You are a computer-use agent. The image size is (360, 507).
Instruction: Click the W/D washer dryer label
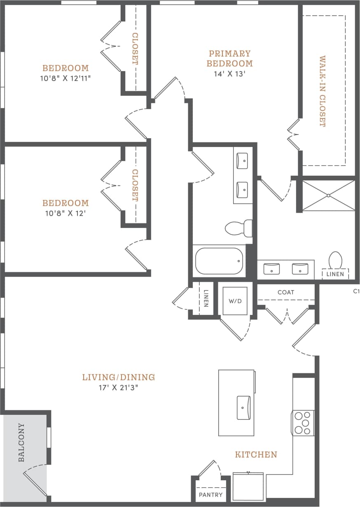tap(235, 301)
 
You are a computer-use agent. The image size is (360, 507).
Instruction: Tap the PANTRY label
tap(210, 495)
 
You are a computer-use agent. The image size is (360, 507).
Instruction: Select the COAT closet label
tap(286, 292)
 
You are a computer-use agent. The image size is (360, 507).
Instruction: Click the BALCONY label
tap(22, 442)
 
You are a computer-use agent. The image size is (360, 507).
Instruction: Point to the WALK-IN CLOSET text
tap(322, 91)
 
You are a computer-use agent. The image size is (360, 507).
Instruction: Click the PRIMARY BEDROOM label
tap(229, 58)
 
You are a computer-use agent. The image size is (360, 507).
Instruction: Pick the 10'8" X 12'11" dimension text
tap(65, 78)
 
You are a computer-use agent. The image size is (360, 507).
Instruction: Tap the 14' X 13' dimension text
tap(229, 74)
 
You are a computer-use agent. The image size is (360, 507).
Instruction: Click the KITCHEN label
tap(256, 455)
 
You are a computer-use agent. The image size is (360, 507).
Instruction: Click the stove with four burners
tap(303, 423)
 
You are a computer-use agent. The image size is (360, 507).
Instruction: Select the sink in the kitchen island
tap(243, 407)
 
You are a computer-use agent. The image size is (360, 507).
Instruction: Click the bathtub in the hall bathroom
tap(219, 261)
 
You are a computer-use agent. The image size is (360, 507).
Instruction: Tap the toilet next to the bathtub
tap(238, 228)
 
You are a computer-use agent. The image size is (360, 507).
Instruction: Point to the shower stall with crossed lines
tap(328, 195)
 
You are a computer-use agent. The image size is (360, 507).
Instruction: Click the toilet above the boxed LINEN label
tap(336, 260)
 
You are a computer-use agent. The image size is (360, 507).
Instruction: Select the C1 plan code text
tap(356, 291)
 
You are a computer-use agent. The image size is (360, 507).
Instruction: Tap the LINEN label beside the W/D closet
tap(206, 299)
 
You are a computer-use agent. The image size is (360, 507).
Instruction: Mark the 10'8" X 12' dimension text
tap(65, 213)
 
